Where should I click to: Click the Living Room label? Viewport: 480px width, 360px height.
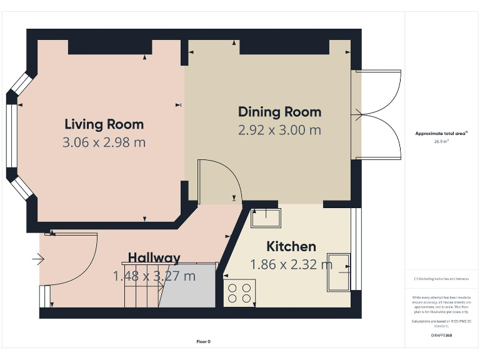104,124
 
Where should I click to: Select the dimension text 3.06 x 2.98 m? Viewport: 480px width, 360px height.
104,142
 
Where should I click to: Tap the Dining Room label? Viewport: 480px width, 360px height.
279,112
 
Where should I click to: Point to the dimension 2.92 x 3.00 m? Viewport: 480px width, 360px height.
279,130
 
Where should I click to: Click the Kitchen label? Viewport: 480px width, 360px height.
291,246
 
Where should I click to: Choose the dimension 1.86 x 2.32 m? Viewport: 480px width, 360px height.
291,264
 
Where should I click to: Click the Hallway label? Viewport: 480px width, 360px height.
154,257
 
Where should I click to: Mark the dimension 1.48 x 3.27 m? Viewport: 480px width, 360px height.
154,276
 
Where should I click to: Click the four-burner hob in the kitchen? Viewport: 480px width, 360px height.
240,292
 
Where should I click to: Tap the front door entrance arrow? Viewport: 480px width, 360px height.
38,257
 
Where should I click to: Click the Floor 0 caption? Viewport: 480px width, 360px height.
204,341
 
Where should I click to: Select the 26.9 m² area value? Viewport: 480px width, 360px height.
442,141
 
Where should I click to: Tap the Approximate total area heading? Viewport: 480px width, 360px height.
441,133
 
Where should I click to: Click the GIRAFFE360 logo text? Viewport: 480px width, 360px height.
441,336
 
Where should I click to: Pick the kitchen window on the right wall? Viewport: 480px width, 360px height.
356,249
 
